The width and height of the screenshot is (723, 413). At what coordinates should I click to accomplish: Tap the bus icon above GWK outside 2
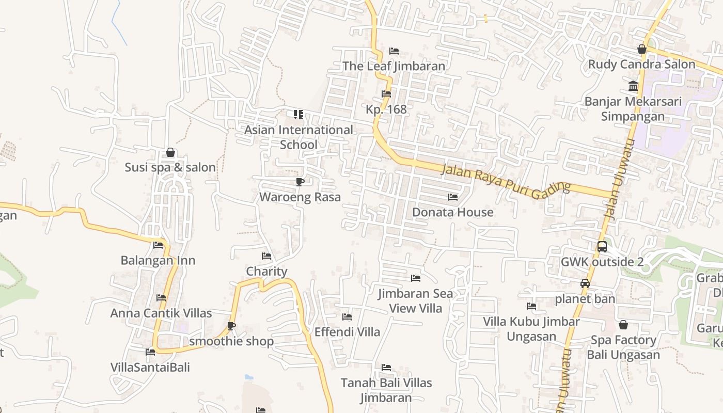click(x=602, y=247)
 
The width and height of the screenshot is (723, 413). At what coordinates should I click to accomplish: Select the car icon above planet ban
click(x=585, y=283)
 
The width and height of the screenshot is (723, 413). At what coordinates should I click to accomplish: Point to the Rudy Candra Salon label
click(x=642, y=65)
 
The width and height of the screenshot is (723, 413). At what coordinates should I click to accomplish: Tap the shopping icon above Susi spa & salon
click(x=170, y=153)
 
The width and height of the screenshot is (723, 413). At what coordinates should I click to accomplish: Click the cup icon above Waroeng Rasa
click(x=300, y=182)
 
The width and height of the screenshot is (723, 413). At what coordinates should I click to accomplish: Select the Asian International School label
click(x=298, y=137)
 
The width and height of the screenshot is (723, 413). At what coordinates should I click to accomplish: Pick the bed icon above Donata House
click(x=453, y=197)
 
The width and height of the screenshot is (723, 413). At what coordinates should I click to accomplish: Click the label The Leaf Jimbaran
click(x=394, y=66)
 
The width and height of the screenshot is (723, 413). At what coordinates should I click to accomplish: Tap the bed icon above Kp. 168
click(x=386, y=94)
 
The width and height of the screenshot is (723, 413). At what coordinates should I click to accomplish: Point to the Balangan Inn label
click(x=158, y=260)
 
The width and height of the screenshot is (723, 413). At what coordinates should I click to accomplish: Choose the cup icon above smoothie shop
click(x=231, y=326)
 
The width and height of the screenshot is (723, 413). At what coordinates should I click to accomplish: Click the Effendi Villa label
click(x=348, y=332)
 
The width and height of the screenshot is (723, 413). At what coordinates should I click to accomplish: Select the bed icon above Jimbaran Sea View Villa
click(x=416, y=279)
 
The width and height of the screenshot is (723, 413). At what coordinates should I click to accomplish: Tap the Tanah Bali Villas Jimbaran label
click(x=386, y=390)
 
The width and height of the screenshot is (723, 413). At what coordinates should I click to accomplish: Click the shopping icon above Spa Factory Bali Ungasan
click(x=623, y=325)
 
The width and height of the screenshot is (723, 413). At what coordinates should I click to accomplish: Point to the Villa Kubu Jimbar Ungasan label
click(x=531, y=329)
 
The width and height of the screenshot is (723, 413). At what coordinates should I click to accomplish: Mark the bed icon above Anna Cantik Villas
click(x=161, y=298)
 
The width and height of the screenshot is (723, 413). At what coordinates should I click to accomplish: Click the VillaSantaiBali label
click(x=150, y=367)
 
